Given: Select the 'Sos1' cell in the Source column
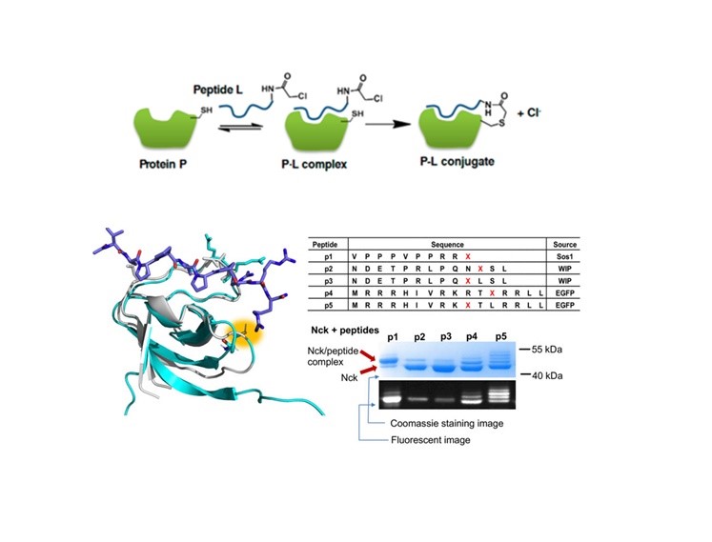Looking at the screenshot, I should click(561, 258).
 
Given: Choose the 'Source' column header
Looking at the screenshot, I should click(561, 244).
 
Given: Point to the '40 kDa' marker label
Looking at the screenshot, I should click(551, 376).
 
